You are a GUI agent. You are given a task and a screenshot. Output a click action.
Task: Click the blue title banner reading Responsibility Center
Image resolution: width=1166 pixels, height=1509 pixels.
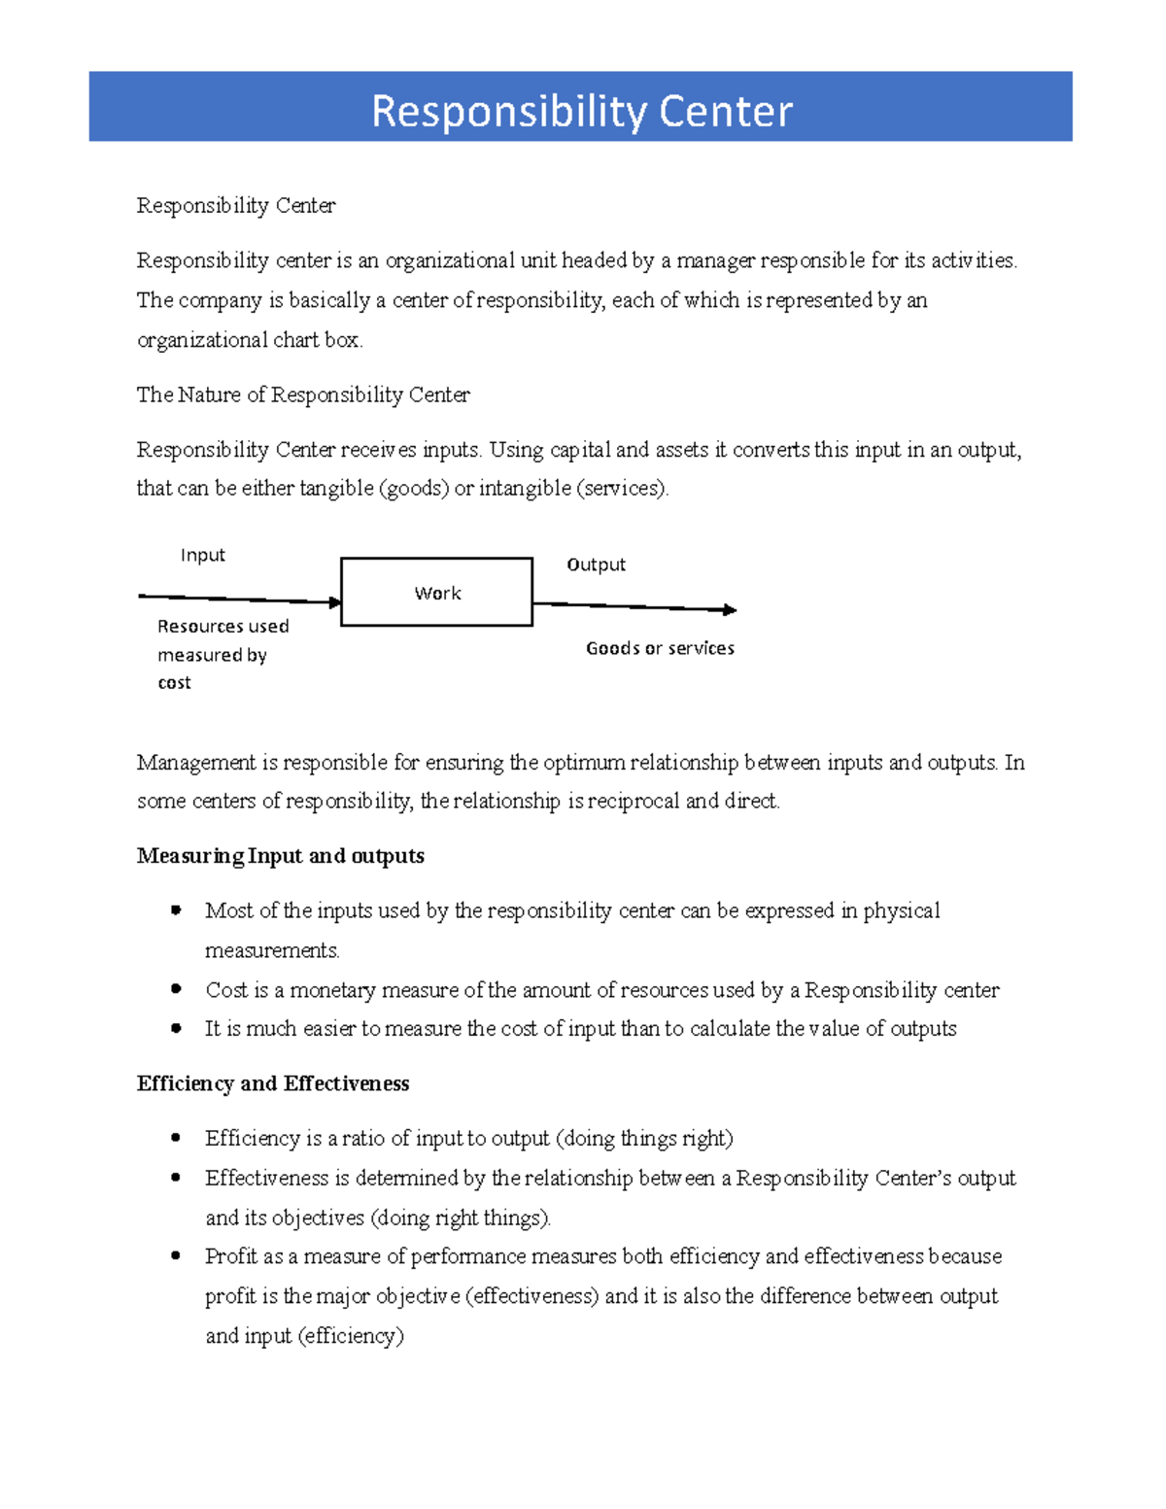click(581, 107)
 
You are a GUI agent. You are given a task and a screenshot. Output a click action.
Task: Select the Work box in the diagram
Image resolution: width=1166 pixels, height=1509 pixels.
click(436, 592)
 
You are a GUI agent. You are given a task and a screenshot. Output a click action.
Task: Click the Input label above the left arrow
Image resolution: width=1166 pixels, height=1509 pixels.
click(202, 555)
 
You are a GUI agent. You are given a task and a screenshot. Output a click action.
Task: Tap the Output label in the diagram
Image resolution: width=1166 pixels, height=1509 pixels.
click(596, 565)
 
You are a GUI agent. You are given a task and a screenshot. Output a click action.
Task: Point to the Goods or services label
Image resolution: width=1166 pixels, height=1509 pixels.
click(660, 648)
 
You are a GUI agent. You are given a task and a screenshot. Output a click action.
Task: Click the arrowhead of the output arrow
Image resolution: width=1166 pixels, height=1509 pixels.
click(730, 610)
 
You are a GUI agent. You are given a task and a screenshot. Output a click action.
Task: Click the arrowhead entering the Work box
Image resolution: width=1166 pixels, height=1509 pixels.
click(335, 602)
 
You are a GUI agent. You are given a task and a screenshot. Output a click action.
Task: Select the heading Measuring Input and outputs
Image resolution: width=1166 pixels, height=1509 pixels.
click(280, 856)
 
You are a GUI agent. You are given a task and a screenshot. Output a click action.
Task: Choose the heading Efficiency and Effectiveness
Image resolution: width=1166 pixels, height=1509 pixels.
click(272, 1083)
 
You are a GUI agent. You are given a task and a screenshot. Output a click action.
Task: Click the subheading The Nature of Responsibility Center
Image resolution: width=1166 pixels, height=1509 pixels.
click(303, 394)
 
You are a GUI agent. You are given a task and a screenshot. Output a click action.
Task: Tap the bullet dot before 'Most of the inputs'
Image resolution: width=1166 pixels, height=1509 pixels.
click(176, 910)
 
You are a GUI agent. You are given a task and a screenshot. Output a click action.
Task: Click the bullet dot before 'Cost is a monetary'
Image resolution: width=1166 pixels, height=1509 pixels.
click(176, 989)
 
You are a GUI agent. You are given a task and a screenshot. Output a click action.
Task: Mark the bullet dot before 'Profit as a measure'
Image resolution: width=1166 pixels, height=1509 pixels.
click(176, 1255)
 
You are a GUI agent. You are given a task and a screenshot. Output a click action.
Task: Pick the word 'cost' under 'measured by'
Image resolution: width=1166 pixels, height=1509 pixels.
click(174, 683)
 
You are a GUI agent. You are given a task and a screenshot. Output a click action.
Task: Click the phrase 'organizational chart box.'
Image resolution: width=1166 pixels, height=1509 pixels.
click(250, 340)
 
